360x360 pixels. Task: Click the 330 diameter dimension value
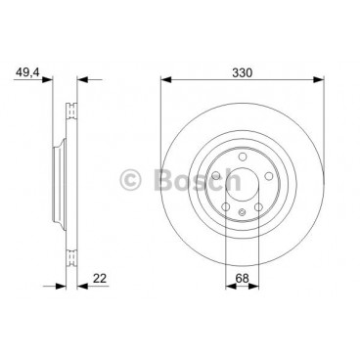pyautogui.click(x=242, y=72)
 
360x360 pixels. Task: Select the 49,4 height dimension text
pyautogui.click(x=27, y=72)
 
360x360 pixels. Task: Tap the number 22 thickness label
pyautogui.click(x=100, y=279)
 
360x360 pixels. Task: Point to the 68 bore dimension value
pyautogui.click(x=242, y=279)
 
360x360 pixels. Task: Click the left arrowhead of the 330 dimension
pyautogui.click(x=166, y=79)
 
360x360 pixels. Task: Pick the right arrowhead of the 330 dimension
pyautogui.click(x=319, y=79)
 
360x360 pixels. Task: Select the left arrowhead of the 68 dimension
pyautogui.click(x=231, y=287)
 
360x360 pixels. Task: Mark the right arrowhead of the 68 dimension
pyautogui.click(x=253, y=287)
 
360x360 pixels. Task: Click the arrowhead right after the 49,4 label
pyautogui.click(x=47, y=79)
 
